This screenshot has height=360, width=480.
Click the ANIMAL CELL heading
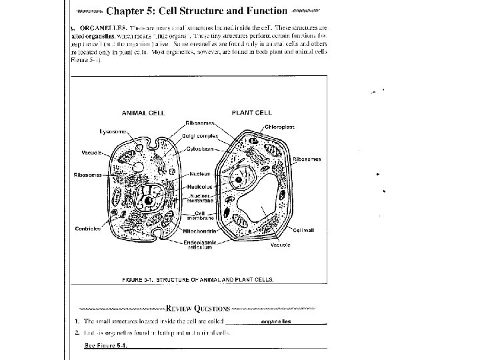(x=143, y=113)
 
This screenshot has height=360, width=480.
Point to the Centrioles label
(x=87, y=228)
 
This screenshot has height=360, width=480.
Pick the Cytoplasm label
(x=199, y=149)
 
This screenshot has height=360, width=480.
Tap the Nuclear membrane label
(x=201, y=198)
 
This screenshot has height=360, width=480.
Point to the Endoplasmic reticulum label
(x=199, y=245)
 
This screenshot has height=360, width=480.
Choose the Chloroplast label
(x=280, y=127)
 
